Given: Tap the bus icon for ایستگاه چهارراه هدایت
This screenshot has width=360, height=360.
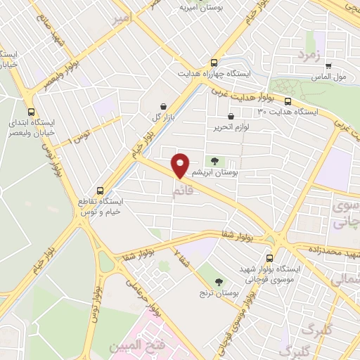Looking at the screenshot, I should click(214, 62).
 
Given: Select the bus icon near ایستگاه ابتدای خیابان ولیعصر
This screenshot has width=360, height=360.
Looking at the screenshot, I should click(30, 111).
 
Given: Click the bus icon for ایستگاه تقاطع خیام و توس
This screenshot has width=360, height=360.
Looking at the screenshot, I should click(100, 191).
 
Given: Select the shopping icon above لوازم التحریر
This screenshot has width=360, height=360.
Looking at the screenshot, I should click(231, 117).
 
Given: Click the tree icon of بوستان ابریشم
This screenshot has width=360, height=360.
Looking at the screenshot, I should click(214, 162).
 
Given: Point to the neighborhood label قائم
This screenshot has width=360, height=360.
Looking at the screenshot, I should click(181, 191).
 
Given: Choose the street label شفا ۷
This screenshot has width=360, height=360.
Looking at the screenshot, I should click(181, 262).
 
